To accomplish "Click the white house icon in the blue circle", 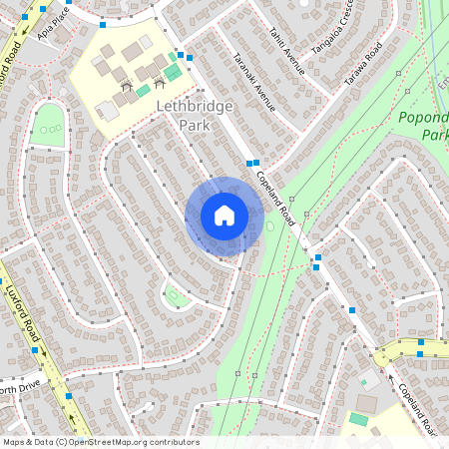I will point(224,215).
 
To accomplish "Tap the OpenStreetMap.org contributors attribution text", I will point(100,442).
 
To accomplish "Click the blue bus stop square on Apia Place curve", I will point(102,24).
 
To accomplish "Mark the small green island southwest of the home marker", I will point(176,296).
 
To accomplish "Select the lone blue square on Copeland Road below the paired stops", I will point(352,310).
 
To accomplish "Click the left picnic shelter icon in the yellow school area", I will point(126,87).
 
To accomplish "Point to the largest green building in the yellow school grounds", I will point(173,72).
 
